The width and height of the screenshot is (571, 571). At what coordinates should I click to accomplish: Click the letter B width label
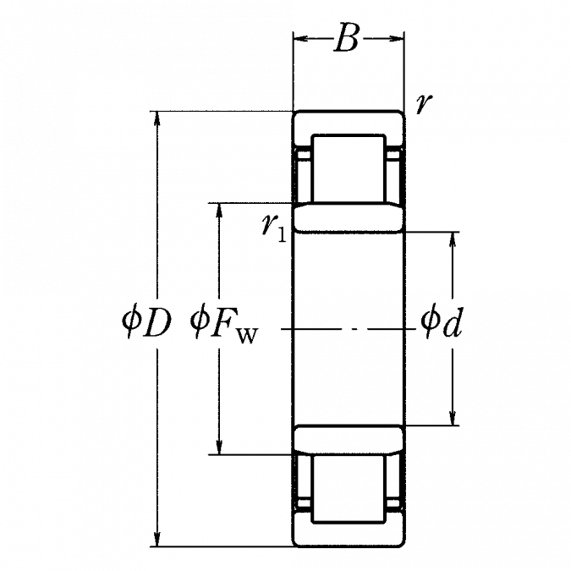(346, 37)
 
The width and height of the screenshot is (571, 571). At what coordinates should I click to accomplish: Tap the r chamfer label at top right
(425, 104)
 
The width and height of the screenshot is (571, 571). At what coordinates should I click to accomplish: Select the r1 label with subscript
(274, 228)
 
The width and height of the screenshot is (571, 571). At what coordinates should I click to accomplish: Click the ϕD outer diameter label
(146, 322)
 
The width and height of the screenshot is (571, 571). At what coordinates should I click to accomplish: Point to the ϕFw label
(224, 325)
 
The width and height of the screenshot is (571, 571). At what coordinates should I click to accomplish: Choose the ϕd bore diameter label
(442, 322)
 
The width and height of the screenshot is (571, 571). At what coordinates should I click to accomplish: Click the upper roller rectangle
(349, 168)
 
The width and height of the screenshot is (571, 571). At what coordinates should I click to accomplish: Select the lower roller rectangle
(349, 489)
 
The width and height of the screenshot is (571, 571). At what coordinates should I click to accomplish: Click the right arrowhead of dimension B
(397, 38)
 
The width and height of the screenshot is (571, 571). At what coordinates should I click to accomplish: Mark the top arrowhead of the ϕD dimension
(157, 118)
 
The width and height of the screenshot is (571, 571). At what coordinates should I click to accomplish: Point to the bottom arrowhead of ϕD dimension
(157, 539)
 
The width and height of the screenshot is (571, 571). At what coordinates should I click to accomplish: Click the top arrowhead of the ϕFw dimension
(219, 211)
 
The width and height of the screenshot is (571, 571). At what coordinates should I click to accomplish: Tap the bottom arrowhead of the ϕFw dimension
(219, 447)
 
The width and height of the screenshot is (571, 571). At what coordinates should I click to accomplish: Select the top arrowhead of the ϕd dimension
(453, 239)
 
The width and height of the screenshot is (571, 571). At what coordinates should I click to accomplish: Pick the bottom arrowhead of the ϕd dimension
(453, 417)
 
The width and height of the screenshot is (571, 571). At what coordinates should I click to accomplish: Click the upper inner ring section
(349, 217)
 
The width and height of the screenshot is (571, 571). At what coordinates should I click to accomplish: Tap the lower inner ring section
(349, 440)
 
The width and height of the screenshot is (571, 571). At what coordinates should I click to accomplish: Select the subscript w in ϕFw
(247, 336)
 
